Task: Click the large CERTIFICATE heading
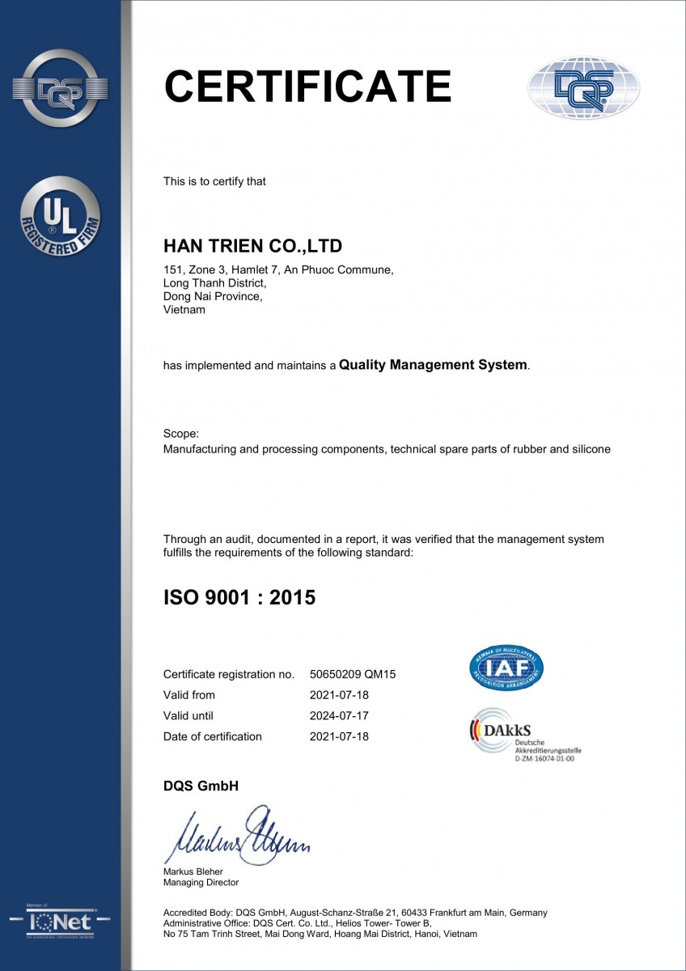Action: click(x=307, y=87)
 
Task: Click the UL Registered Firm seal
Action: click(x=60, y=216)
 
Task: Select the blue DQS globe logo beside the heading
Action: click(x=583, y=88)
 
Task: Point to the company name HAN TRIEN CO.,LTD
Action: click(x=252, y=245)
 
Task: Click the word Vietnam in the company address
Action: click(x=184, y=309)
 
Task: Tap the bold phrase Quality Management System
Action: click(x=433, y=365)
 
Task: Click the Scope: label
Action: click(x=180, y=434)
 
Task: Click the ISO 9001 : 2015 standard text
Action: click(x=239, y=598)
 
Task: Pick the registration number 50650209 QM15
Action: click(x=352, y=674)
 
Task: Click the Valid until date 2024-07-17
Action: click(x=339, y=715)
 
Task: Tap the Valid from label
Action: click(x=189, y=695)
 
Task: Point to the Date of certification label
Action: click(x=213, y=736)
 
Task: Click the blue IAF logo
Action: click(x=506, y=668)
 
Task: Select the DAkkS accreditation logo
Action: click(x=525, y=735)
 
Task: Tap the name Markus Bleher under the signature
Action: click(x=193, y=871)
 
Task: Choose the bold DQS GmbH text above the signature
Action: click(x=201, y=786)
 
